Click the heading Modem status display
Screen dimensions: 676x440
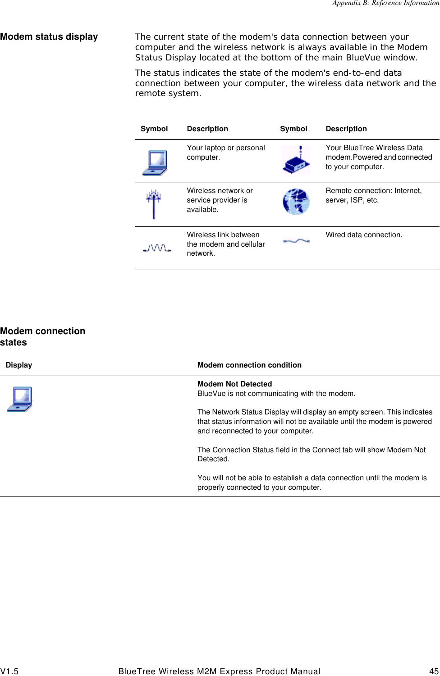pyautogui.click(x=49, y=37)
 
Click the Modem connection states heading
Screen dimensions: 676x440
pyautogui.click(x=42, y=336)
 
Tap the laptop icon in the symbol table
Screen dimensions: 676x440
pyautogui.click(x=155, y=162)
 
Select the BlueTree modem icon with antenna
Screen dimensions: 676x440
pyautogui.click(x=296, y=160)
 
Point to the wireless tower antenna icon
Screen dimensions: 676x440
pyautogui.click(x=154, y=204)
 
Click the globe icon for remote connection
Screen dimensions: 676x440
pyautogui.click(x=296, y=202)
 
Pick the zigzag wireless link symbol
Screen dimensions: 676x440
pyautogui.click(x=156, y=248)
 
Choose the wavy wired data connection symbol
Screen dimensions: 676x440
pyautogui.click(x=296, y=241)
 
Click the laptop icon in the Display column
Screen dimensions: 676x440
pyautogui.click(x=20, y=399)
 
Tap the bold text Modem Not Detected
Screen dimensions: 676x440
pyautogui.click(x=234, y=384)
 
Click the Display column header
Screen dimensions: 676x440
pyautogui.click(x=19, y=365)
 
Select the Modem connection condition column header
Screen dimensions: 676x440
pyautogui.click(x=249, y=365)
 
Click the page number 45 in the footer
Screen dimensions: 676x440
pyautogui.click(x=434, y=671)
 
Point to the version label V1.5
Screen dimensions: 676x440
pyautogui.click(x=9, y=671)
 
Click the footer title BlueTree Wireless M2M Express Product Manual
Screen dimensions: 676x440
pyautogui.click(x=219, y=671)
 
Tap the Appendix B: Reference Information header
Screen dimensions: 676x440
pyautogui.click(x=385, y=3)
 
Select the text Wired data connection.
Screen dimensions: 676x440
pyautogui.click(x=364, y=235)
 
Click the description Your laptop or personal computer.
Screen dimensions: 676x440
pyautogui.click(x=225, y=152)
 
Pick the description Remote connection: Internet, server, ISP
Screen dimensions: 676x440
pyautogui.click(x=373, y=195)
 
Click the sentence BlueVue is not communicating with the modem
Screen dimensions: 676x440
pyautogui.click(x=276, y=393)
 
